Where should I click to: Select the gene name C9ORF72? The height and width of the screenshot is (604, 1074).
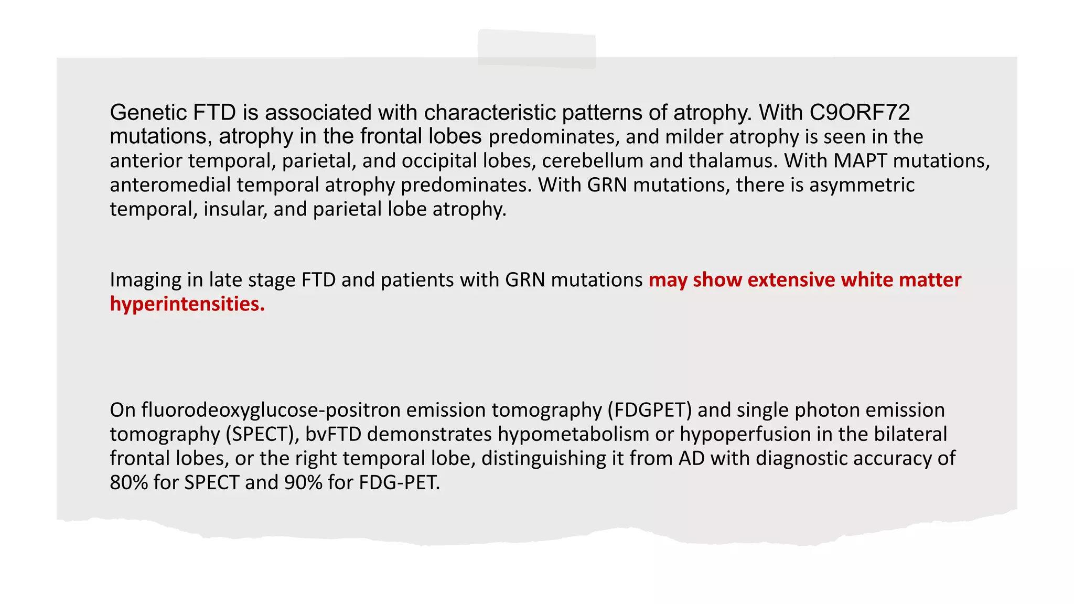pyautogui.click(x=860, y=113)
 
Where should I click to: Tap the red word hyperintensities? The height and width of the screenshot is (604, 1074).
pyautogui.click(x=187, y=304)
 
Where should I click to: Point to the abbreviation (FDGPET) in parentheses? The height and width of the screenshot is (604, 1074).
pyautogui.click(x=650, y=410)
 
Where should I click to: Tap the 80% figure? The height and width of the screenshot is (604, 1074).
pyautogui.click(x=128, y=482)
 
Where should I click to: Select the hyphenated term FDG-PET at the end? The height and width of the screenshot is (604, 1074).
pyautogui.click(x=400, y=482)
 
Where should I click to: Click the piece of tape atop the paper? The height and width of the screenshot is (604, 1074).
pyautogui.click(x=536, y=49)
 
